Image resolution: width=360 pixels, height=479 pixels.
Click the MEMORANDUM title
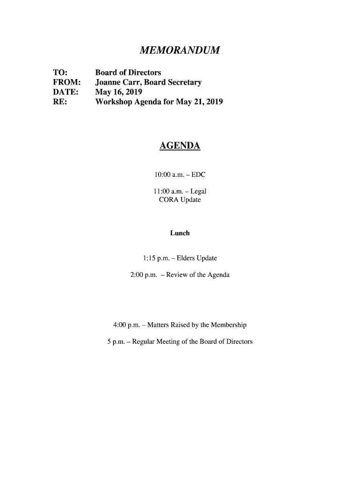pos(180,50)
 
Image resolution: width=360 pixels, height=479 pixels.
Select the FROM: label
pos(65,82)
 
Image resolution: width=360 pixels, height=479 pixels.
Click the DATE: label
pos(65,92)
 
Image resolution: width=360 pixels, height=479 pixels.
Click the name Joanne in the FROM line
pos(109,82)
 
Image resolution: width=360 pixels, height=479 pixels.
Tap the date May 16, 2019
pos(119,92)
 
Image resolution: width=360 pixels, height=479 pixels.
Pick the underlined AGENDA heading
pos(180,146)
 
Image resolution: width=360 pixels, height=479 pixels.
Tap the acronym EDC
pos(198,175)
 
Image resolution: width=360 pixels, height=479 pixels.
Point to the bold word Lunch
pos(180,233)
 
